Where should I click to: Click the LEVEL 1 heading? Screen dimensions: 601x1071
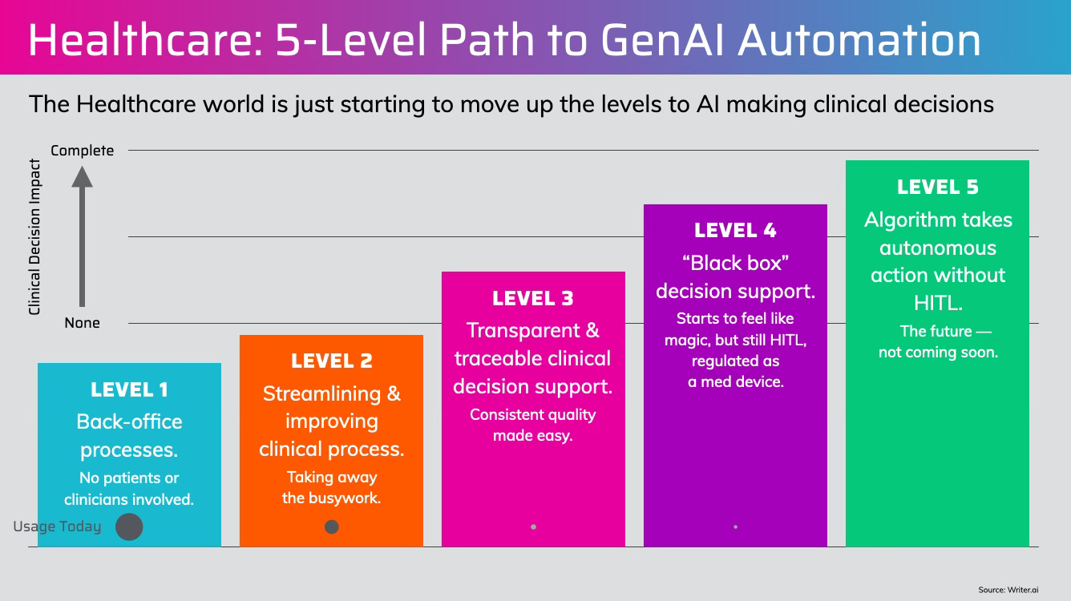click(129, 390)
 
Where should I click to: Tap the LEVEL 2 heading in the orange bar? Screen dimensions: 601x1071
click(331, 361)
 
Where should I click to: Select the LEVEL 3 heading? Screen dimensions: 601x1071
click(533, 299)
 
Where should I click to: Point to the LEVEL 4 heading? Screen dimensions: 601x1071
click(735, 231)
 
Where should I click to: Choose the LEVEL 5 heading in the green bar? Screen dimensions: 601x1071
click(937, 188)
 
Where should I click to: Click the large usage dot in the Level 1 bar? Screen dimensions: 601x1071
click(129, 527)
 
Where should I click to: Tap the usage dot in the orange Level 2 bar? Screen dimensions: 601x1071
click(332, 526)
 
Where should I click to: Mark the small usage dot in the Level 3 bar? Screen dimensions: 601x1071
click(533, 526)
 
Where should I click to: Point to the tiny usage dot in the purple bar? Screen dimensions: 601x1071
click(735, 526)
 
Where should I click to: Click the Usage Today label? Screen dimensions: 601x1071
click(57, 526)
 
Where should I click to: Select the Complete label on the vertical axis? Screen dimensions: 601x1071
click(82, 151)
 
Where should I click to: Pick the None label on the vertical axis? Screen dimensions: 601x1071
click(82, 323)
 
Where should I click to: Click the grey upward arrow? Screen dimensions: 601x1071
click(82, 236)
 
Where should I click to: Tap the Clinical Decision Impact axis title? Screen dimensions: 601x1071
click(34, 236)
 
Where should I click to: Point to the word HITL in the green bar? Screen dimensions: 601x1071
click(937, 303)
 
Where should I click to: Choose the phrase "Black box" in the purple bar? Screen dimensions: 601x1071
click(735, 263)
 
